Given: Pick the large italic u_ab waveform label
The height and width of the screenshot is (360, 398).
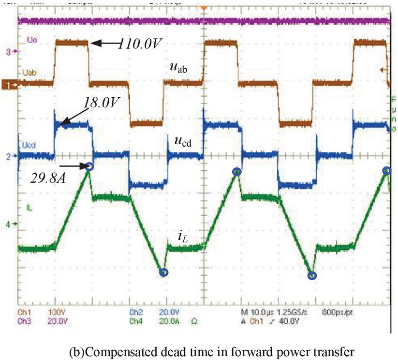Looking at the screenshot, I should click(x=179, y=68).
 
